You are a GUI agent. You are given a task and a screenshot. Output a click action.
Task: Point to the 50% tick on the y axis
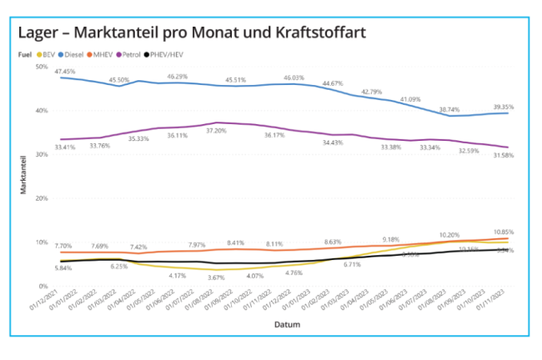(41, 67)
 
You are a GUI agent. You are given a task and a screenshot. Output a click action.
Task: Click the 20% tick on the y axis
(41, 198)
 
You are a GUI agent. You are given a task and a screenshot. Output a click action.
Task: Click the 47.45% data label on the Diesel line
(66, 72)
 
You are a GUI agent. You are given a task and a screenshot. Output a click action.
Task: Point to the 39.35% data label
(503, 107)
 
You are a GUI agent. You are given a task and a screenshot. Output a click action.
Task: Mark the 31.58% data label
(503, 156)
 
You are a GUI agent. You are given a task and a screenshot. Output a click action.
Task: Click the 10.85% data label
(503, 232)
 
